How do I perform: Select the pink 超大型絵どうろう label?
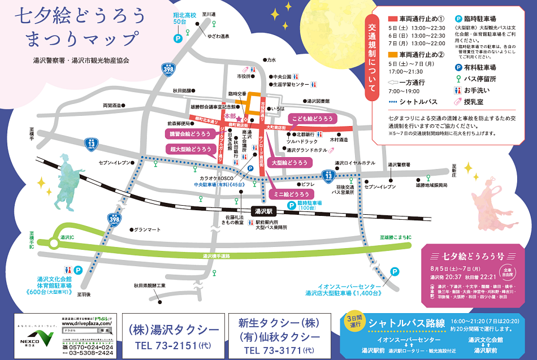191,149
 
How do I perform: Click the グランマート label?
149,229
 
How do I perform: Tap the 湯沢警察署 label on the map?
402,165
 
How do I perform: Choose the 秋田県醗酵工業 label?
150,286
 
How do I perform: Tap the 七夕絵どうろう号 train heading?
473,255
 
